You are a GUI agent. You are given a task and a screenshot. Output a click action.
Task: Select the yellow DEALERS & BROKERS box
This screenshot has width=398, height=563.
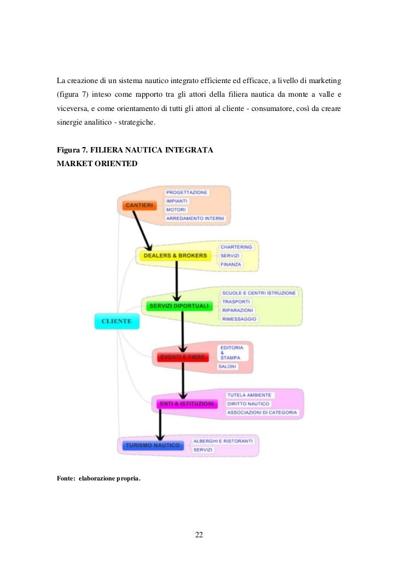175,255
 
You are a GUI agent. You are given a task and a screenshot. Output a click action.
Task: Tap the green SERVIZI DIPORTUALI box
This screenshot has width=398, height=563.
178,306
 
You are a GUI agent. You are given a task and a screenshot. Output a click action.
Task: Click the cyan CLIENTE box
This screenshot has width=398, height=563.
116,321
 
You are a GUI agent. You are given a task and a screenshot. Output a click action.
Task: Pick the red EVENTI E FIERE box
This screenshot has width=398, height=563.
183,357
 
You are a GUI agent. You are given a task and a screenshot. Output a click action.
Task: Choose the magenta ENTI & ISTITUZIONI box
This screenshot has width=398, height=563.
186,403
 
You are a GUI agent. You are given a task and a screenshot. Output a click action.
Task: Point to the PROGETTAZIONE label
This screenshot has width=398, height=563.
187,192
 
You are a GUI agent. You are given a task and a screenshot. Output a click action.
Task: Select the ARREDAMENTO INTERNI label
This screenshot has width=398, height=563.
195,219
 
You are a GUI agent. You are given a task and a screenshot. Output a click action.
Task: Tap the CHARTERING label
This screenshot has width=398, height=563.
236,247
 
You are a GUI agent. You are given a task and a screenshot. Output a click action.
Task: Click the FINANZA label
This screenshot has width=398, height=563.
231,265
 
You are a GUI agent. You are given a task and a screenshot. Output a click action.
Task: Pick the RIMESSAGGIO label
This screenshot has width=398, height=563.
239,319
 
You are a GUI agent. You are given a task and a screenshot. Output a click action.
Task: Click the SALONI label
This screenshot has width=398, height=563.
227,367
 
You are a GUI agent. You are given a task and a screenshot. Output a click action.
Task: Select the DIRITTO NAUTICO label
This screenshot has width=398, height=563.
248,403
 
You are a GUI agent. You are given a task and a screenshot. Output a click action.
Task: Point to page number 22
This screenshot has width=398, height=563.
199,535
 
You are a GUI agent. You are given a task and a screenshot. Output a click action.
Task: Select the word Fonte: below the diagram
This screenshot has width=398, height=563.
66,479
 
